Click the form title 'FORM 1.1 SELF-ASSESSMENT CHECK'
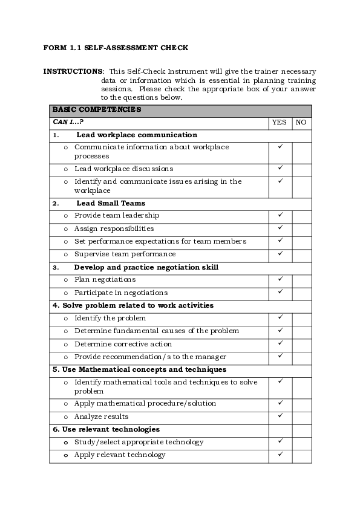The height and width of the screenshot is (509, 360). coord(116,47)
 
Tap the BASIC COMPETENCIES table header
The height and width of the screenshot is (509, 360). coord(97,110)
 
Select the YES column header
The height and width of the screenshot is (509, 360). coord(280,122)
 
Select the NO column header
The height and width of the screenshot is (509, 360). coord(301,122)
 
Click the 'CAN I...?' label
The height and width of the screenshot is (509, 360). coord(68,122)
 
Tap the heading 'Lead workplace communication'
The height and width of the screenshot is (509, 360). coord(137,135)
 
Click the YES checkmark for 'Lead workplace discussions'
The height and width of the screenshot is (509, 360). coord(280,168)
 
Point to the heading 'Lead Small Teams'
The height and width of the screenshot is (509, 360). coord(111,203)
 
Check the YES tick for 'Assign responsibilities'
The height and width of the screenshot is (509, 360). coord(280,228)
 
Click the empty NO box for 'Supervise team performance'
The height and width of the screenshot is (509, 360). coord(301,254)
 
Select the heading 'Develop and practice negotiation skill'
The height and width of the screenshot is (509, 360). coord(146,267)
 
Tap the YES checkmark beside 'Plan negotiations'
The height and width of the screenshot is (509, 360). coord(280,279)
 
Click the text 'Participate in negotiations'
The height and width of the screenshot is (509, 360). coord(121,292)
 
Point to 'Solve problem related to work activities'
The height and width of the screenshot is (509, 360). coord(133,305)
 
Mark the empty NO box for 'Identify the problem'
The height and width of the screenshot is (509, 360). coord(301,318)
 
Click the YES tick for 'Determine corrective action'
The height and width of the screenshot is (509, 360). coord(280,343)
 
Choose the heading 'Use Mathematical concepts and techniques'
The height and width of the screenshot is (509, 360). coord(139,369)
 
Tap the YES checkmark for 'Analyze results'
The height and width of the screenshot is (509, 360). coord(280,416)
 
